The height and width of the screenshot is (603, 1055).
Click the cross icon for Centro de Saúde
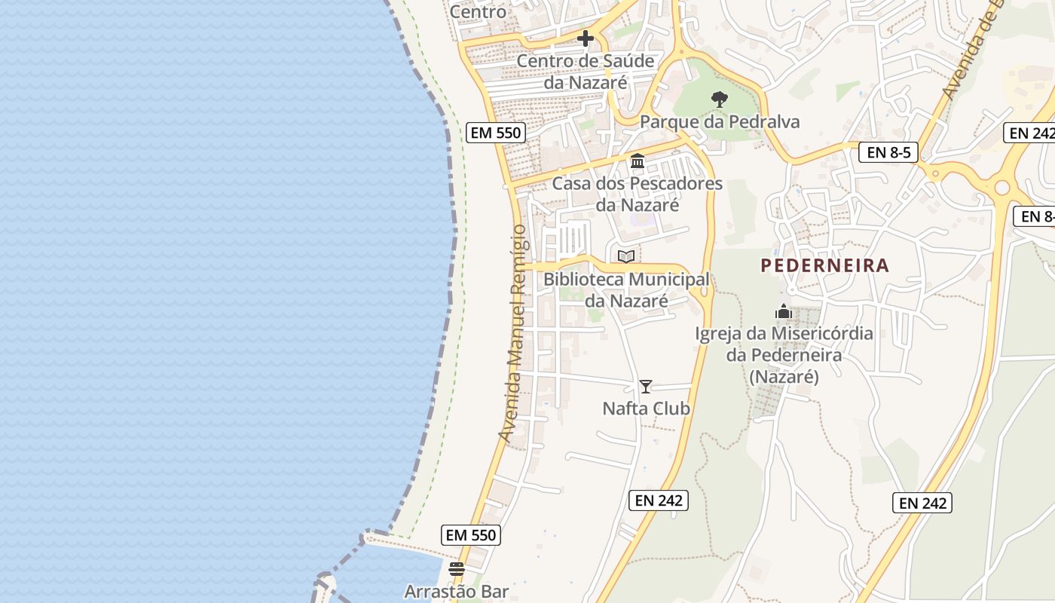point(586,38)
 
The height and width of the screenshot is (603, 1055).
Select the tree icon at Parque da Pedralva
point(720,99)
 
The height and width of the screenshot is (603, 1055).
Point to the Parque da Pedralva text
point(720,121)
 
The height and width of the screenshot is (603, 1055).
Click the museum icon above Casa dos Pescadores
point(638,161)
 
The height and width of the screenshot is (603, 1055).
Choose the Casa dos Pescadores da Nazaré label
point(638,194)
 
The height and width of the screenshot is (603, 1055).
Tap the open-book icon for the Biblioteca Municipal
point(626,256)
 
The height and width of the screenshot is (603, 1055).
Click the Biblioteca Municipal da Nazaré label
point(626,289)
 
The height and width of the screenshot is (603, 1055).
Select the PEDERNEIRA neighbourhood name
point(824,265)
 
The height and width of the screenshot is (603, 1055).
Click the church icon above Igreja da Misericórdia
point(784,311)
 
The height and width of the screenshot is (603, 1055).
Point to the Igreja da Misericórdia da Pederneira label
point(784,354)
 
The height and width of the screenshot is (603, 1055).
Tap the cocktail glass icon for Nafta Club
point(646,387)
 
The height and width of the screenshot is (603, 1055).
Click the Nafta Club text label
point(646,409)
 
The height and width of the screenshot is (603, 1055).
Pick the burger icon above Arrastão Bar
point(457,569)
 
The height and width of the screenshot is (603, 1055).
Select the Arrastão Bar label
point(457,591)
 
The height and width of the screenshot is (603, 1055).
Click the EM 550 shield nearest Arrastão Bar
point(471,535)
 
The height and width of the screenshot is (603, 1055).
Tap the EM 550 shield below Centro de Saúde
point(495,133)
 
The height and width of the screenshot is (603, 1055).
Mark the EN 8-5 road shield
point(888,152)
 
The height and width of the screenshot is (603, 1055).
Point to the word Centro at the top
point(478,11)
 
